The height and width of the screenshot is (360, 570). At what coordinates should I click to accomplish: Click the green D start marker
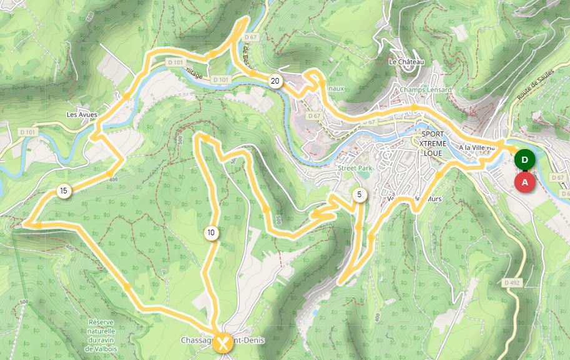pos(524,160)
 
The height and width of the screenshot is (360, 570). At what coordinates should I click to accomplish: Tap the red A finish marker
pos(524,182)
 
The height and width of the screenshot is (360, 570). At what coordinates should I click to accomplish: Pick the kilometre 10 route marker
pos(211,233)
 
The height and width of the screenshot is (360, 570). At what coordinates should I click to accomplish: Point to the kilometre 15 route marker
pos(63,190)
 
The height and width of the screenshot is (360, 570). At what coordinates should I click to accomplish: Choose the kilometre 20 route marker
pos(275,80)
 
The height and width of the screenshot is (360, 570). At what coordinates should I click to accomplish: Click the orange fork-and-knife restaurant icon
pos(223,342)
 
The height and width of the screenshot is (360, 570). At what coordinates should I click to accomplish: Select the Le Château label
pos(406,62)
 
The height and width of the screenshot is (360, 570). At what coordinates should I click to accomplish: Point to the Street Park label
pos(355,168)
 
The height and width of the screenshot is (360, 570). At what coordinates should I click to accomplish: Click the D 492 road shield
pos(512,283)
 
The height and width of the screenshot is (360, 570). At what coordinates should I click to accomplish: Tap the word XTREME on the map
pos(433,143)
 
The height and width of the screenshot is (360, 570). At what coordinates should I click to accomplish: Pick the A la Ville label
pos(476,147)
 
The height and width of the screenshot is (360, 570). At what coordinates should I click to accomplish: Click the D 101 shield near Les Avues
pos(28,132)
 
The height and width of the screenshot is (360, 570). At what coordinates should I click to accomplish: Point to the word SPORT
pos(433,134)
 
